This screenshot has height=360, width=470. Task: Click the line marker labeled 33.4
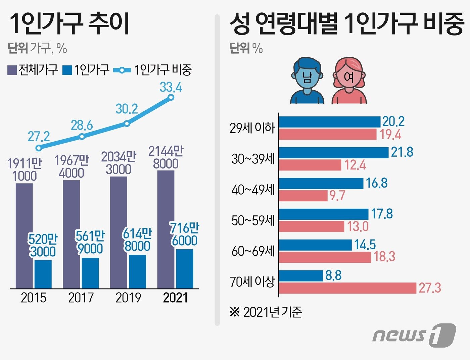pos(171,97)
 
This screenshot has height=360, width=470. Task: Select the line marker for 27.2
pos(39,148)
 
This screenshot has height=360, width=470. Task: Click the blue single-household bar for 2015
pos(43,274)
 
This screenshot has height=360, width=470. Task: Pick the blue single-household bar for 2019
pos(137,271)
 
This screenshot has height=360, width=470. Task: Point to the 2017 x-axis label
pos(81,298)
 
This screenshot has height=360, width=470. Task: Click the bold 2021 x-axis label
pos(175,298)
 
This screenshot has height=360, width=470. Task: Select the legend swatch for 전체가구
pos(12,70)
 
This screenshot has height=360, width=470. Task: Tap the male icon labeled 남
pos(307,81)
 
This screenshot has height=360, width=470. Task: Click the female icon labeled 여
pos(349,81)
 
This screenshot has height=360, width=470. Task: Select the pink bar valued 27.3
pos(347,288)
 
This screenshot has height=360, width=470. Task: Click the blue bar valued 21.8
pos(334,153)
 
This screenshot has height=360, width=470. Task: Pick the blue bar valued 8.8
pos(301,276)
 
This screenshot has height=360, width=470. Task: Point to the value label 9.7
pos(337,195)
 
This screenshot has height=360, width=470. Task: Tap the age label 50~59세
pos(253,220)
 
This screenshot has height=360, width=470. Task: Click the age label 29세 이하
pos(252,128)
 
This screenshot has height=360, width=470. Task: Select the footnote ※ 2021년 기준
pos(266,312)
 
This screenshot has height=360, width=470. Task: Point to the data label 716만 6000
pos(184,235)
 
